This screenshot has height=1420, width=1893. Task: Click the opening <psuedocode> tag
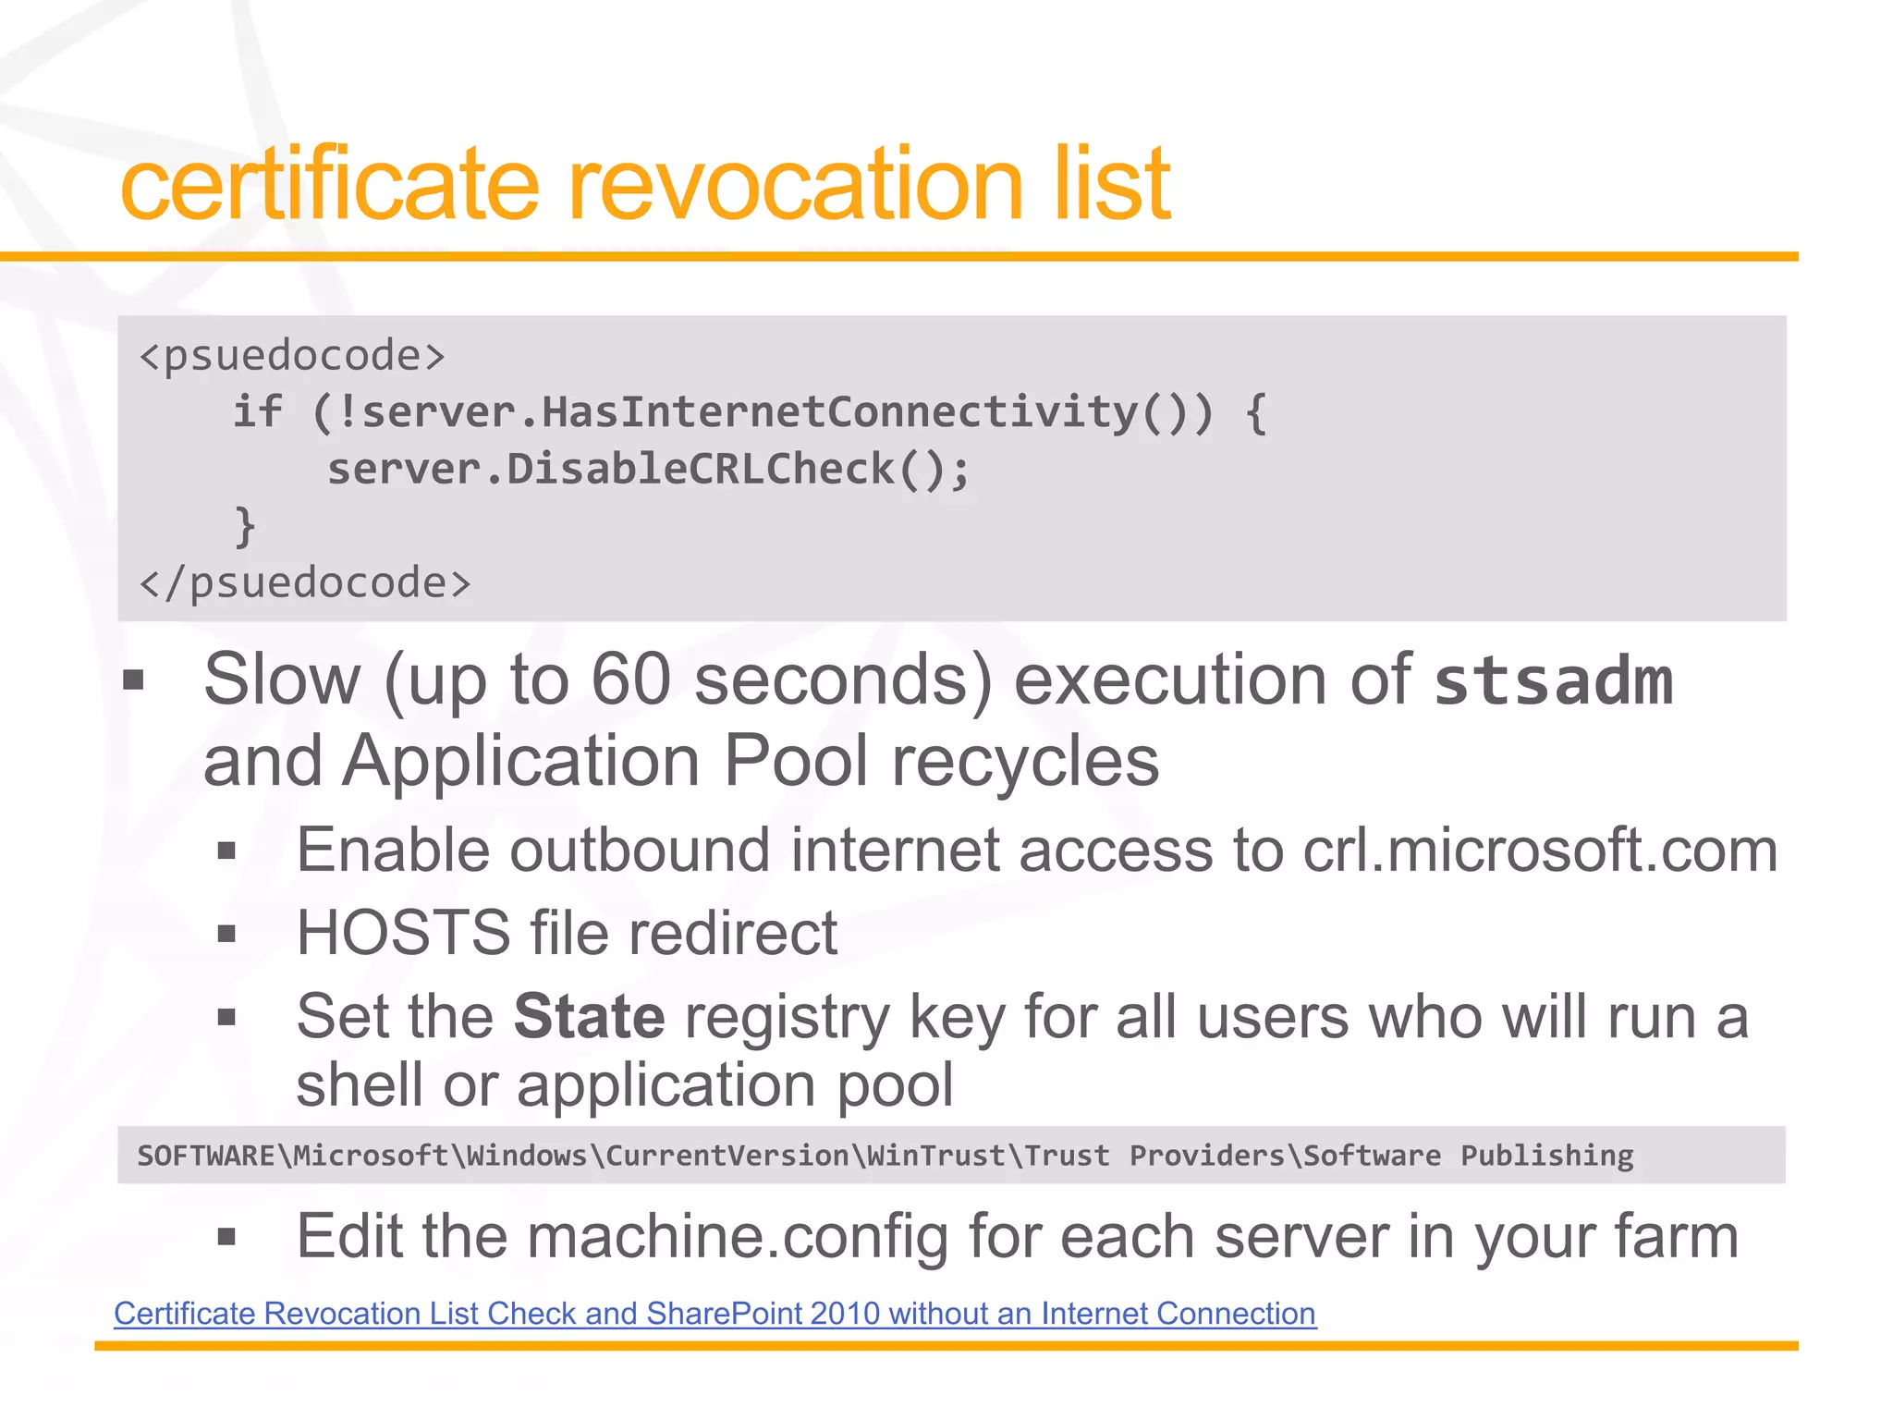(x=292, y=356)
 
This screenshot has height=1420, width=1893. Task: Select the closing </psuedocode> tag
(x=305, y=583)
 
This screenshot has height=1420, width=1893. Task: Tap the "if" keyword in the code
(x=257, y=412)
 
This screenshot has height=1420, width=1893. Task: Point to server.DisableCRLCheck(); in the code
(x=648, y=470)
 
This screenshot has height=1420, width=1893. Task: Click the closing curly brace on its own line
(x=245, y=526)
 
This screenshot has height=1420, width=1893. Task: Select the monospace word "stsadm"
(x=1553, y=682)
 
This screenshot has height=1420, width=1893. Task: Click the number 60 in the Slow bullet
(x=630, y=680)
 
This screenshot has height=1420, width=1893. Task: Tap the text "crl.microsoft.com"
(x=1540, y=851)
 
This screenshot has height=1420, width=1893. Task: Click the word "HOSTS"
(x=403, y=933)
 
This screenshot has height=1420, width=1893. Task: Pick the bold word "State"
(x=589, y=1017)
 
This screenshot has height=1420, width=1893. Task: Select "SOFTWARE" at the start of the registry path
(x=206, y=1156)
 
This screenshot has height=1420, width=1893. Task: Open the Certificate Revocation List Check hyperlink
(x=714, y=1314)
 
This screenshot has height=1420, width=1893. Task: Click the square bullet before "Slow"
(x=134, y=681)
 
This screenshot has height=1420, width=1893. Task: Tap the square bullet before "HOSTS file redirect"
(x=226, y=934)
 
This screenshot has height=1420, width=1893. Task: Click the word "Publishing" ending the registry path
(x=1546, y=1156)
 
